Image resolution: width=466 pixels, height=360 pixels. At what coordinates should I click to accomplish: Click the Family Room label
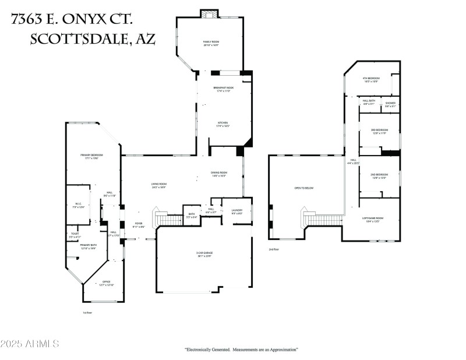point(210,43)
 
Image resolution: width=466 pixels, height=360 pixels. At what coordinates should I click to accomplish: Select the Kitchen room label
point(223,124)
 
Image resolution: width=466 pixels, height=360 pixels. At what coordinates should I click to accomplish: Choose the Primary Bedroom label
point(91,156)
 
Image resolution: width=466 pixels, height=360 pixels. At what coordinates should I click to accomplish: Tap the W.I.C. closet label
point(78,205)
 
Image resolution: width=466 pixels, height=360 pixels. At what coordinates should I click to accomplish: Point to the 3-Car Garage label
point(204,254)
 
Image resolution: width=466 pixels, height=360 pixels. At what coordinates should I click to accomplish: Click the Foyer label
point(139,225)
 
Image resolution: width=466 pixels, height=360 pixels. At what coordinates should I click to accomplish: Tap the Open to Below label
point(303,188)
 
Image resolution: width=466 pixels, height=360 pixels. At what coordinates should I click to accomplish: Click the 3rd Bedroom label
point(379,131)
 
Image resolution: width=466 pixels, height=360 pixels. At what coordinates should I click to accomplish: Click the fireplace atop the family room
point(209,14)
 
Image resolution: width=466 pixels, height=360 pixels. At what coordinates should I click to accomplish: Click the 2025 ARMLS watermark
point(30,344)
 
